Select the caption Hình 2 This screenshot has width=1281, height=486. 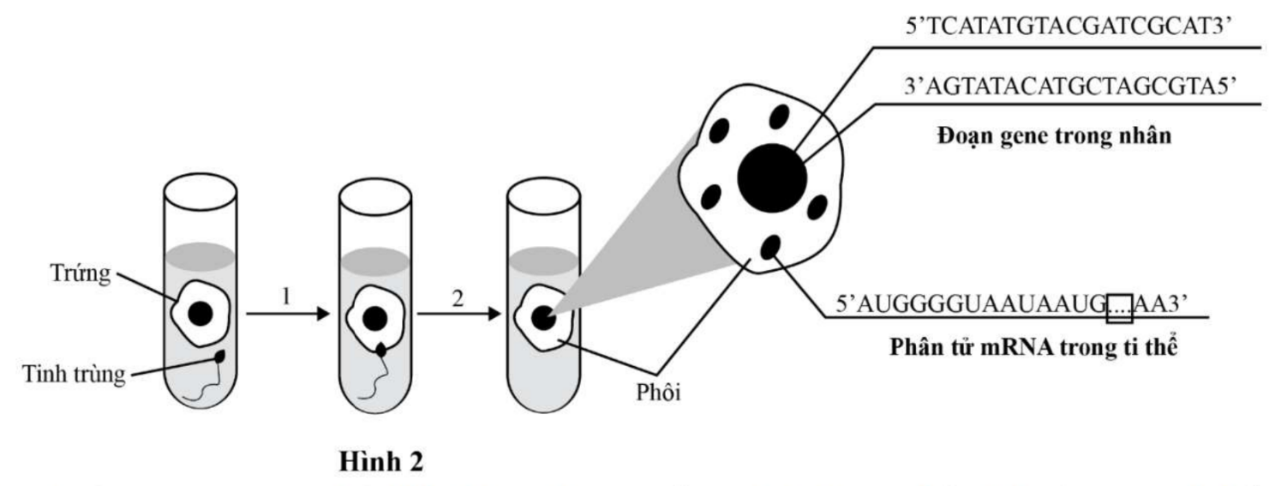(380, 461)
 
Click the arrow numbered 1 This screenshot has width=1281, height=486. (286, 314)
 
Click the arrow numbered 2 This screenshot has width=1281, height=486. (458, 314)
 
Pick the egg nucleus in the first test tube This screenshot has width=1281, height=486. (201, 314)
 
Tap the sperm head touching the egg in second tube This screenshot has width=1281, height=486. (380, 349)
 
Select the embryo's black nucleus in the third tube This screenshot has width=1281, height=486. (542, 318)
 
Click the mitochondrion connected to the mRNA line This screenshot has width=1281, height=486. (772, 248)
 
